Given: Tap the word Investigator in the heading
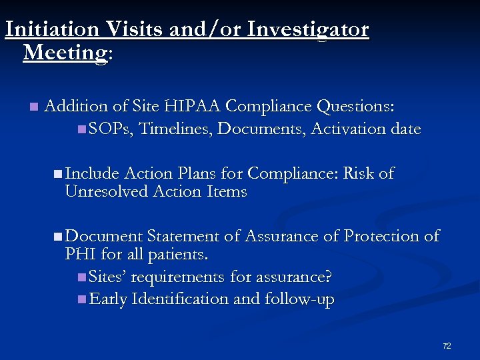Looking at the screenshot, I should tap(307, 29).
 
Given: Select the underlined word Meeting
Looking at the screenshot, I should tap(65, 52).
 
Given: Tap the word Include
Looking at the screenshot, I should tap(92, 173).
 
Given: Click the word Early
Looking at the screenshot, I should tap(108, 299).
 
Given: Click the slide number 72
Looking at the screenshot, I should tap(447, 346).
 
